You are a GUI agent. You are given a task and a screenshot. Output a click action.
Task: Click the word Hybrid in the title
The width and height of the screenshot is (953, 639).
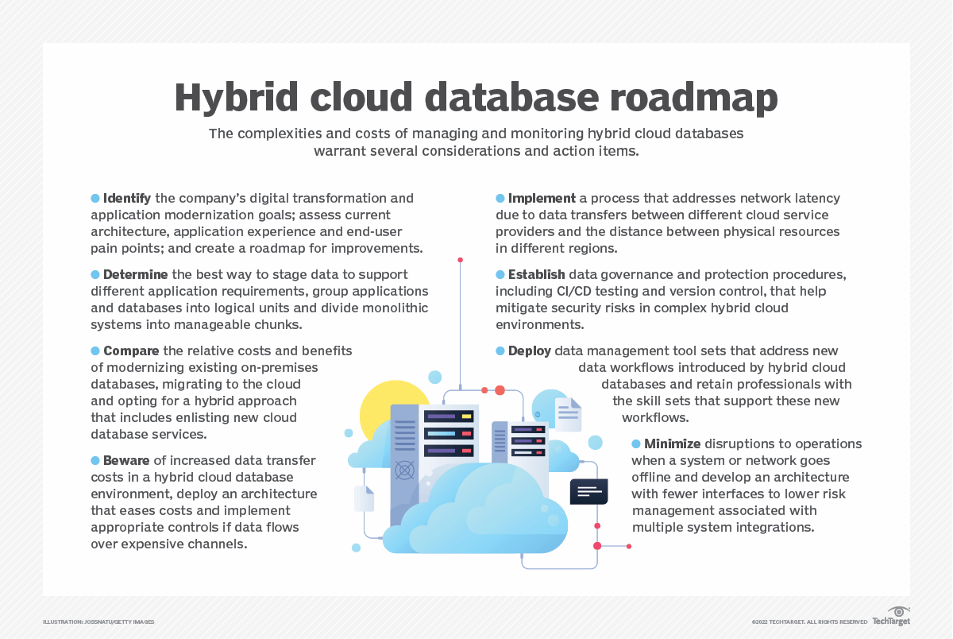(236, 98)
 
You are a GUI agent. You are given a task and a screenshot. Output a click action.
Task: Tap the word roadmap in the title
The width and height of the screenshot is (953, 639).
(694, 98)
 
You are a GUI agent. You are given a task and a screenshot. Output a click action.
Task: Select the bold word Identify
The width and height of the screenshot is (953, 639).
(127, 199)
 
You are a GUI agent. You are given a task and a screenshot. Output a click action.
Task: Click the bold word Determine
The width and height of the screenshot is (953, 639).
(135, 274)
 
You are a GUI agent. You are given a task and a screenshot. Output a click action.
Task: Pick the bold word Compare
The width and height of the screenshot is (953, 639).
(131, 350)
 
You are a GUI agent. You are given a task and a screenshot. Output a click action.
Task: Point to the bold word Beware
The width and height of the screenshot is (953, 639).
(126, 461)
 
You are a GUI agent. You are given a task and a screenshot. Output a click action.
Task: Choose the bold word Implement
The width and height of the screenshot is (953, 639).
(542, 199)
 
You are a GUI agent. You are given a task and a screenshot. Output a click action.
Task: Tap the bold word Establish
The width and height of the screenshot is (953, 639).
(537, 274)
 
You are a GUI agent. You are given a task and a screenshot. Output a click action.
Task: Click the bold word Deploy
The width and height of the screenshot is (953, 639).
(529, 351)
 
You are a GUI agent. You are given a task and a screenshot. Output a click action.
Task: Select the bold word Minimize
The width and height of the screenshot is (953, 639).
(672, 444)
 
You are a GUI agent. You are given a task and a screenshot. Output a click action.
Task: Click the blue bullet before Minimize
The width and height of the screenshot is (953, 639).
(636, 444)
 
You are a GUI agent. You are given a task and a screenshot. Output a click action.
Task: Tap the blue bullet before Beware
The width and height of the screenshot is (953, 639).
(95, 461)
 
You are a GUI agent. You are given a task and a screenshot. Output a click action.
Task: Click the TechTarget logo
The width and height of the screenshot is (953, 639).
(891, 617)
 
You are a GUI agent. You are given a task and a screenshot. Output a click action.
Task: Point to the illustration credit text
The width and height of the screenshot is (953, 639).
(98, 622)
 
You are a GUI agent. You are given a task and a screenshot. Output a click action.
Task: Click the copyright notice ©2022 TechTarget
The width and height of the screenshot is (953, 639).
(809, 622)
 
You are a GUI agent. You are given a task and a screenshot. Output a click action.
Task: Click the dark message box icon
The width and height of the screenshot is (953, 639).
(588, 492)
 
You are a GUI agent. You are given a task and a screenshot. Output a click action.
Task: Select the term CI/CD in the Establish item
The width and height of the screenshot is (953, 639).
(573, 291)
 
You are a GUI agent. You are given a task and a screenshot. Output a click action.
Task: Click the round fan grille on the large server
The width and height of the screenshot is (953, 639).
(404, 471)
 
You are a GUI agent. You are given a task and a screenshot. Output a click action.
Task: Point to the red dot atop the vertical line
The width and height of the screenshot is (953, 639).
(460, 260)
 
